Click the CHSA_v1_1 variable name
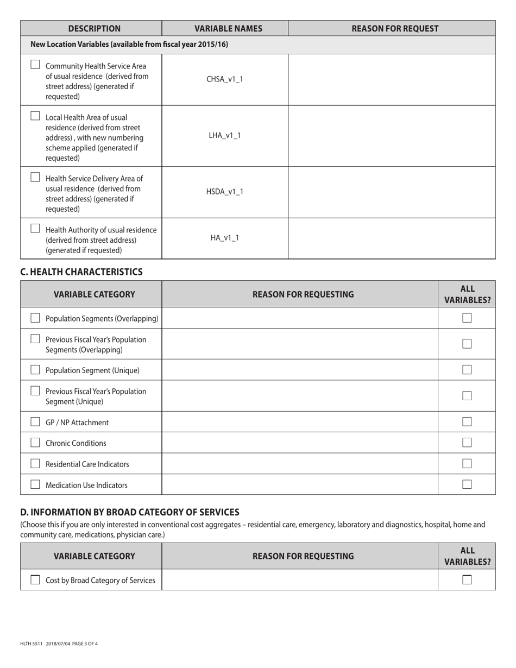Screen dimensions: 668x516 click(x=225, y=79)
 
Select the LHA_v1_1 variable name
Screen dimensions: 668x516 click(x=225, y=136)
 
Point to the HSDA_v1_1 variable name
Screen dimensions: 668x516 click(x=225, y=192)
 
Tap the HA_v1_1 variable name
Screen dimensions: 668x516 click(x=225, y=238)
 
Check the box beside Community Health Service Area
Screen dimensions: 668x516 click(x=35, y=65)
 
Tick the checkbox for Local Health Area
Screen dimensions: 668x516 click(x=35, y=116)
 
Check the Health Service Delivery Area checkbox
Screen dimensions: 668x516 click(x=35, y=177)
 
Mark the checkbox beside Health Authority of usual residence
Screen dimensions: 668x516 click(x=35, y=229)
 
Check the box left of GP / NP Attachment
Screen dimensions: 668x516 click(x=35, y=422)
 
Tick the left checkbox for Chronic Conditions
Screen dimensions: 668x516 click(x=35, y=443)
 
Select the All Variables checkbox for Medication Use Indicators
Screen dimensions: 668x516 click(x=467, y=484)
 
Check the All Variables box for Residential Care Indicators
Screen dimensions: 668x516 click(x=467, y=464)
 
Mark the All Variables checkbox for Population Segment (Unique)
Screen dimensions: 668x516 click(x=467, y=370)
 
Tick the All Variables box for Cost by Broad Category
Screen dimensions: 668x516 click(x=467, y=580)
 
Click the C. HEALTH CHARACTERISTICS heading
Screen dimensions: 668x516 click(x=81, y=272)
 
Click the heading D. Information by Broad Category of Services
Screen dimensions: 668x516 click(x=129, y=512)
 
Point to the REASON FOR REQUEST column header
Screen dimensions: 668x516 click(x=395, y=29)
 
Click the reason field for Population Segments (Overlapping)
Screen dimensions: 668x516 click(x=300, y=318)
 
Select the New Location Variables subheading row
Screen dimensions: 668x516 click(x=129, y=45)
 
